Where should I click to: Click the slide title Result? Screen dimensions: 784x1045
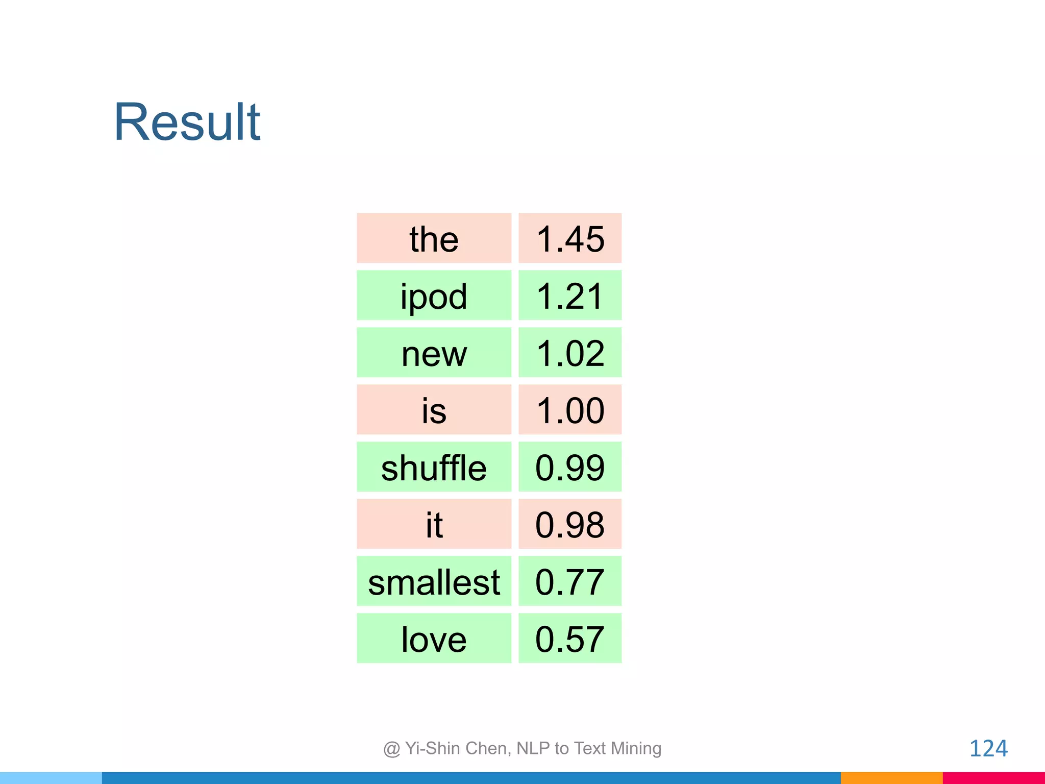[187, 122]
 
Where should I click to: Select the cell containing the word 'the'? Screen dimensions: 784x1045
[434, 238]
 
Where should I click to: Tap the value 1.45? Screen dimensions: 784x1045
[570, 238]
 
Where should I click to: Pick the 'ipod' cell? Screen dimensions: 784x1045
[434, 296]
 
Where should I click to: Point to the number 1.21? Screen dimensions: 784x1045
[570, 296]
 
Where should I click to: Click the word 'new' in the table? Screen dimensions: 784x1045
[434, 353]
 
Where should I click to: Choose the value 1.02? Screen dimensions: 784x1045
[570, 353]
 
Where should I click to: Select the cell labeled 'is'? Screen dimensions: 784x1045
[434, 410]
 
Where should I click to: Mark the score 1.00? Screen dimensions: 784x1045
[570, 410]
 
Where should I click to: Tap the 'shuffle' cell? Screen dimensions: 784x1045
[434, 467]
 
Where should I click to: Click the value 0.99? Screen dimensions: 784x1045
[570, 467]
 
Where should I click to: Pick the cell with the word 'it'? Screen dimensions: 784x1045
[434, 524]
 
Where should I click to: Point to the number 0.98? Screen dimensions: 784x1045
[570, 524]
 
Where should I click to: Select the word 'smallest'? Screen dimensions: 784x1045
[434, 581]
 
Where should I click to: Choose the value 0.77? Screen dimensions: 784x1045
[570, 581]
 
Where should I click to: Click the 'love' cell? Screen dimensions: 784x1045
[434, 639]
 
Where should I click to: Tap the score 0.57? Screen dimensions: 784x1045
[570, 639]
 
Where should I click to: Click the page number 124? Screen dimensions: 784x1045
[988, 748]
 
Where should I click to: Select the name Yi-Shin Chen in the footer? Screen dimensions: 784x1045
[457, 748]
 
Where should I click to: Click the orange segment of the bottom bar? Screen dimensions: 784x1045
[891, 778]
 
